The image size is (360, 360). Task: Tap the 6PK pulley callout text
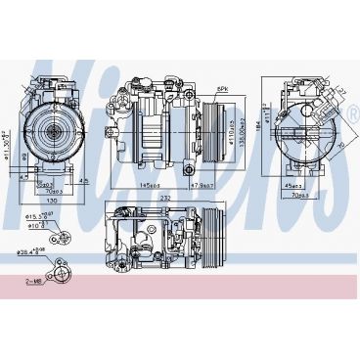click(222, 88)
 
